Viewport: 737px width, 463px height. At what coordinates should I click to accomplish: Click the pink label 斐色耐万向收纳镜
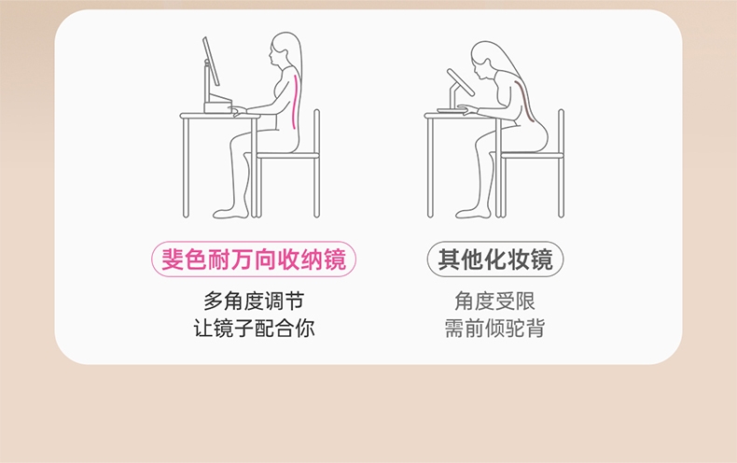pyautogui.click(x=254, y=259)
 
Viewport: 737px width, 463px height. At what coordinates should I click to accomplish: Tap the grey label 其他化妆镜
pyautogui.click(x=495, y=259)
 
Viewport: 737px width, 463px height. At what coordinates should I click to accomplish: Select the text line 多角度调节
pyautogui.click(x=254, y=302)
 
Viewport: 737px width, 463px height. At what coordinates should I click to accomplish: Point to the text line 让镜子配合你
pyautogui.click(x=254, y=328)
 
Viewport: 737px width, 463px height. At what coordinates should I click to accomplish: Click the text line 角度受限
pyautogui.click(x=495, y=302)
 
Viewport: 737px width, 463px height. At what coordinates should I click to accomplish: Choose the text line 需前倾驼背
pyautogui.click(x=495, y=328)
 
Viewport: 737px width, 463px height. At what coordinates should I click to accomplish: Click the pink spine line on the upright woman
pyautogui.click(x=295, y=101)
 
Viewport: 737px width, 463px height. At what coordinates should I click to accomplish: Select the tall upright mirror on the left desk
pyautogui.click(x=211, y=62)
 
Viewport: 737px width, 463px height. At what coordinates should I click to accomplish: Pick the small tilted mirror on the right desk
pyautogui.click(x=461, y=82)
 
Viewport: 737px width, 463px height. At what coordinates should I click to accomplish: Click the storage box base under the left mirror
pyautogui.click(x=217, y=105)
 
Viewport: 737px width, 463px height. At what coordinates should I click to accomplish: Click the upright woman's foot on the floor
pyautogui.click(x=230, y=213)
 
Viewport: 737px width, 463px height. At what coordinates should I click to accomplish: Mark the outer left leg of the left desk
pyautogui.click(x=186, y=167)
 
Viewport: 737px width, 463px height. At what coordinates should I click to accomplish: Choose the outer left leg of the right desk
pyautogui.click(x=429, y=167)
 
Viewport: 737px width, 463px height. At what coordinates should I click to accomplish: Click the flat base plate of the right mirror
pyautogui.click(x=452, y=110)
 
